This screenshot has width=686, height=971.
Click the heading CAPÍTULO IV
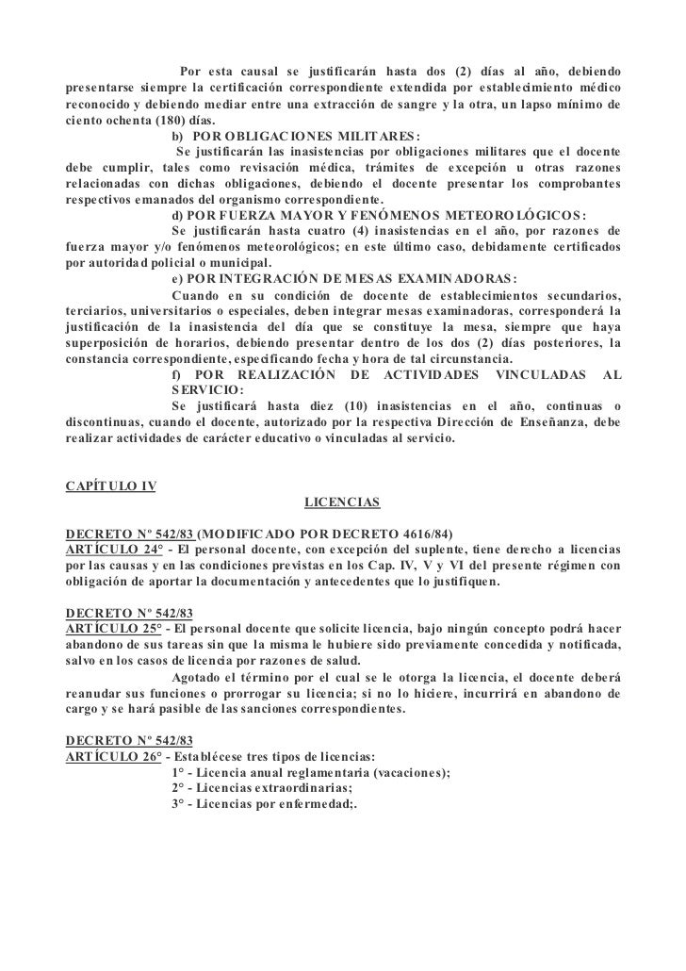point(109,486)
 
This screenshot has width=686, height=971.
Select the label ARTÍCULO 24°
point(109,549)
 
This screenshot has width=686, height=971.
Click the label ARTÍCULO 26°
point(109,755)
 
